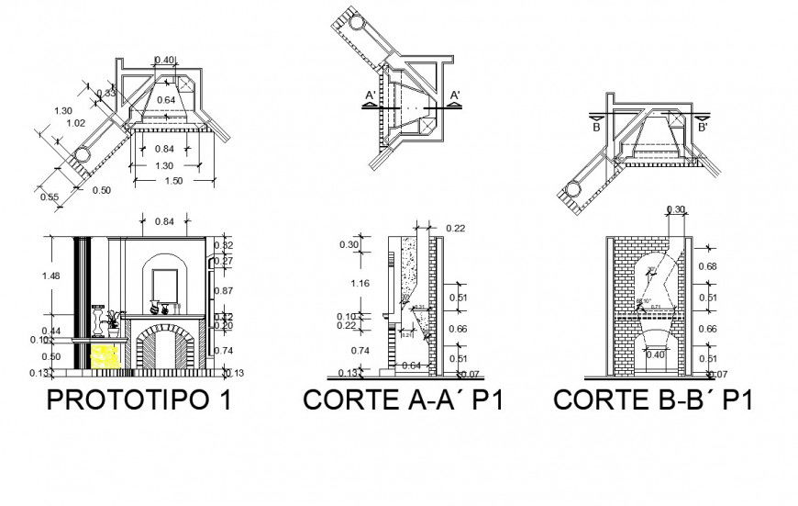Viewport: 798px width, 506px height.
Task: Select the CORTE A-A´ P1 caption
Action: (x=403, y=400)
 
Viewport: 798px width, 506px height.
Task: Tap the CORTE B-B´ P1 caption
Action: (x=652, y=400)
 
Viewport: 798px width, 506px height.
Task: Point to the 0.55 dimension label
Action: (x=50, y=196)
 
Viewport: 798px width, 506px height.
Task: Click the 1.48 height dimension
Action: (x=56, y=275)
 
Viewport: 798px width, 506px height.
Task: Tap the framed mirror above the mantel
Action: (x=166, y=284)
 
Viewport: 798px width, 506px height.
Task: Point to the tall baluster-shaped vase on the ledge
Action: (x=99, y=320)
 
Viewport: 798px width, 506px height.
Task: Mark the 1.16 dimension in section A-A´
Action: (x=360, y=284)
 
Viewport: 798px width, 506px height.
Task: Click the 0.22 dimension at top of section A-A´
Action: (x=455, y=228)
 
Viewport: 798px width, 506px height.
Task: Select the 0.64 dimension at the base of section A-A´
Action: (x=411, y=366)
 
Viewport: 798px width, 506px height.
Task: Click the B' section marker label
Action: (x=703, y=128)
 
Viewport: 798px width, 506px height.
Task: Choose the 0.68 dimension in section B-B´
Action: (x=708, y=266)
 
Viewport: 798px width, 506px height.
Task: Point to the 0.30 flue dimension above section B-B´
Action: (x=675, y=209)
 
